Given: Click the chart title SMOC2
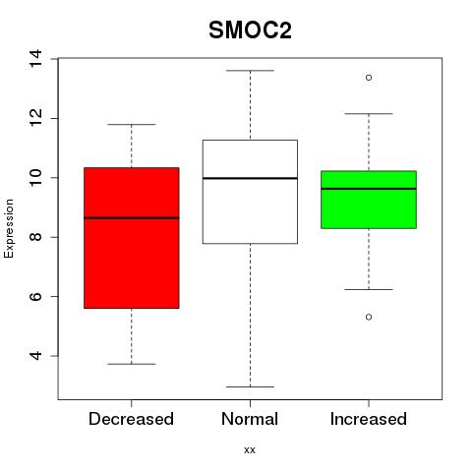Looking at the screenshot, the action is point(250,30).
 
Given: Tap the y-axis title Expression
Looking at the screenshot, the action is point(9,228).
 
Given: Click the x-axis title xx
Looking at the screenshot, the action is point(250,449).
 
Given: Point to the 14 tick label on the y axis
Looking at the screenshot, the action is point(35,59).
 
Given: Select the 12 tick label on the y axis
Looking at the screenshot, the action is point(35,118).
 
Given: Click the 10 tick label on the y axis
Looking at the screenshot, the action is point(35,178).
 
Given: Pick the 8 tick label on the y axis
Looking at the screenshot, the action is point(35,237).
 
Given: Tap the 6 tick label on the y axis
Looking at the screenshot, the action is point(35,296).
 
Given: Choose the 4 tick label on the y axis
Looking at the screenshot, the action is point(35,356).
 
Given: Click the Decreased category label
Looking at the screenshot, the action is point(131,419).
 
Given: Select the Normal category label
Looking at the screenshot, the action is point(250,419).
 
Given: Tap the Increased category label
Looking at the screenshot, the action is point(369,419).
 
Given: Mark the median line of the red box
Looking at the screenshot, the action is point(132,217).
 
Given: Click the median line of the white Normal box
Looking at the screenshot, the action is point(250,178).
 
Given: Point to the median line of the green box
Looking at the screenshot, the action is point(369,189).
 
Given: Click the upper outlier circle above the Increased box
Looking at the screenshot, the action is point(369,78).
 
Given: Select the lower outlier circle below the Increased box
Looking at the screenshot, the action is point(369,317).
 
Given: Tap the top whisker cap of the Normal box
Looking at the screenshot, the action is point(250,71).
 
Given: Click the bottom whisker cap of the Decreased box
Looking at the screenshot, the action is point(132,364).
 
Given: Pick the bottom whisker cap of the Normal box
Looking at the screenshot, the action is point(250,386).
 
